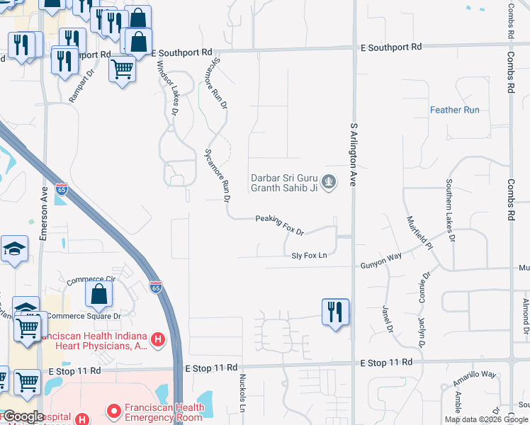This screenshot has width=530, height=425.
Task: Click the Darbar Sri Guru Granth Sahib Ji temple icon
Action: coord(328,183)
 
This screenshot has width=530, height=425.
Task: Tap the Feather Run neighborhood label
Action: coord(455,110)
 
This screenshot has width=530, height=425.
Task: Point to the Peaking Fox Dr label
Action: coord(279,225)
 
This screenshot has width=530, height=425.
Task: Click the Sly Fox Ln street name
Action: coord(309,255)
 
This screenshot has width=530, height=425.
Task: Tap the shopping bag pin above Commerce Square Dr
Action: coord(100,294)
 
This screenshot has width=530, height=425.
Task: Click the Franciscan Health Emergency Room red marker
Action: coord(113,411)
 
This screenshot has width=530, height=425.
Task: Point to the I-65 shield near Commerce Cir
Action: coord(156,286)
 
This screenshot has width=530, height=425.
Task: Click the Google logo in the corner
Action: coord(23,416)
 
